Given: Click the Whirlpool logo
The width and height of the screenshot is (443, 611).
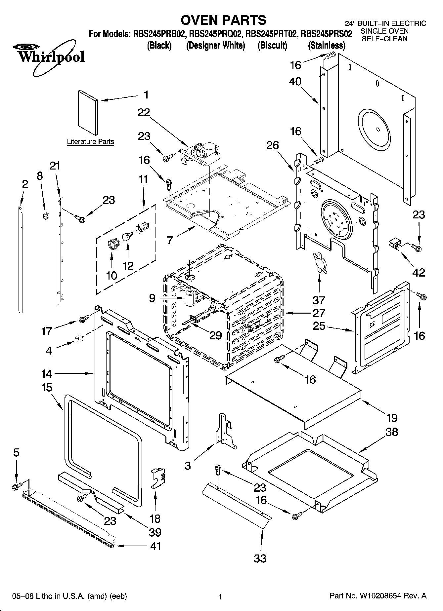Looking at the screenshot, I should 50,56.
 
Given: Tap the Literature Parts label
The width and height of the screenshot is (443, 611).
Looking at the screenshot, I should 90,142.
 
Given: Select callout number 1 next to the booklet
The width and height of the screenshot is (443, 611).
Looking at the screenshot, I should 146,95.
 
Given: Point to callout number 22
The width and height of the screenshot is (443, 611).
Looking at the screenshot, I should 144,113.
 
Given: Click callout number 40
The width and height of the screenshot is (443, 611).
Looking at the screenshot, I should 295,81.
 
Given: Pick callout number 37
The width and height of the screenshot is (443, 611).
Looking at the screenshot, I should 319,300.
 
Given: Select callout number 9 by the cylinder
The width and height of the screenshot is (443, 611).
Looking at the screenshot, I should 152,298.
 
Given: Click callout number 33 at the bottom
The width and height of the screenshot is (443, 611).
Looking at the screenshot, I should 260,558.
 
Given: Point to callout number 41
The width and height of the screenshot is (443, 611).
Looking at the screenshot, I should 155,546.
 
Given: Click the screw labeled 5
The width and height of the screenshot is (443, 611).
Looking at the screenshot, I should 16,486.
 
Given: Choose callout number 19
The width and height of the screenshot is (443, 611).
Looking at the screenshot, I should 392,417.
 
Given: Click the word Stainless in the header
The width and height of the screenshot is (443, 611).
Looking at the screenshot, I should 327,45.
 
